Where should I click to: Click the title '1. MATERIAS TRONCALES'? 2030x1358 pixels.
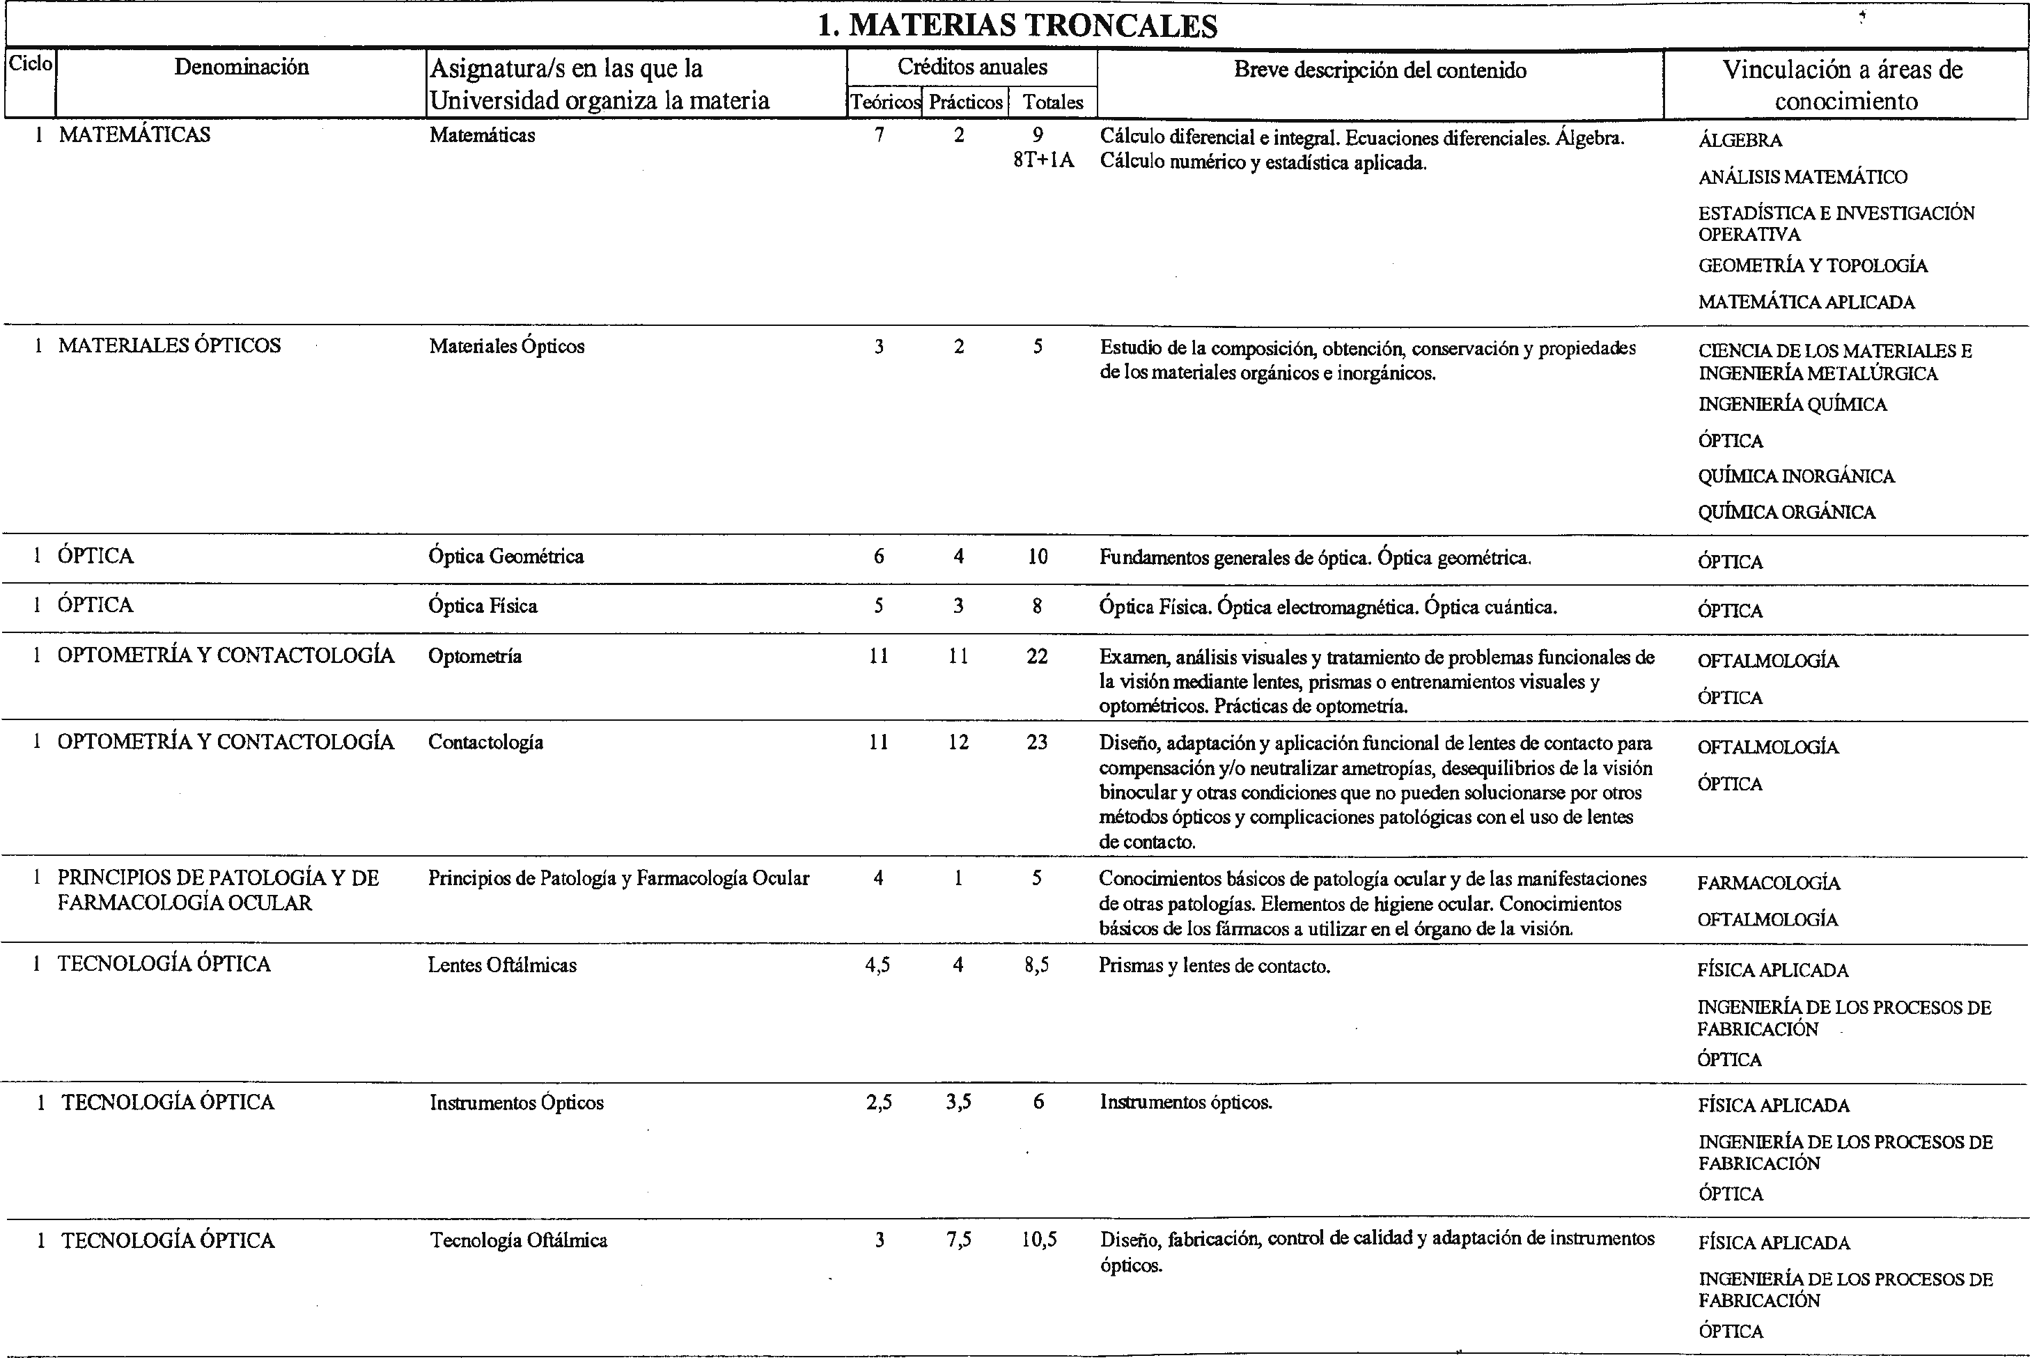coord(1017,26)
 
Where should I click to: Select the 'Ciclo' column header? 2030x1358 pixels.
coord(31,64)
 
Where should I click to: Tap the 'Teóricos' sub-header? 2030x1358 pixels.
coord(884,102)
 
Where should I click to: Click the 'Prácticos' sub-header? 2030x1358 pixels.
coord(966,102)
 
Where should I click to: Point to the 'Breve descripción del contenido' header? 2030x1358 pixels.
coord(1380,70)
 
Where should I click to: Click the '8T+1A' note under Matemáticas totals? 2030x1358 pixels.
coord(1043,160)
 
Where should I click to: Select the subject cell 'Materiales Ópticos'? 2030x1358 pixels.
coord(507,346)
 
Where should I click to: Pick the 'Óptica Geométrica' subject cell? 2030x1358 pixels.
coord(506,556)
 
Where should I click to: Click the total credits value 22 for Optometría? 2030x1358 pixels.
coord(1038,657)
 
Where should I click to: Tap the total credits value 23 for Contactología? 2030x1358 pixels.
coord(1038,742)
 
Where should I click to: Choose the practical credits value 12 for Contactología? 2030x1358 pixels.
coord(958,742)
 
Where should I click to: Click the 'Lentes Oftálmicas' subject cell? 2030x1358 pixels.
coord(502,965)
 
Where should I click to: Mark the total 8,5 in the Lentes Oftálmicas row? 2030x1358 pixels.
coord(1038,965)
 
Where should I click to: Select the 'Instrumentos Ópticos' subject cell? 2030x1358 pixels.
coord(516,1102)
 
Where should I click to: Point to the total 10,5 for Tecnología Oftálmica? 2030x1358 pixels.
coord(1039,1240)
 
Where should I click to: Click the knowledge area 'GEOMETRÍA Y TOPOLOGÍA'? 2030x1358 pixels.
coord(1813,266)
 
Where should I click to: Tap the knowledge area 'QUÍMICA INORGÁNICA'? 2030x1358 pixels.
coord(1796,476)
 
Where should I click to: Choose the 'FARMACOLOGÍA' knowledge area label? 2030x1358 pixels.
coord(1768,883)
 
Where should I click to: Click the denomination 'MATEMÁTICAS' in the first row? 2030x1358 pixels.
coord(134,135)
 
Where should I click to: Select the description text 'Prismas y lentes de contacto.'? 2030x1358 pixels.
coord(1215,966)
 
